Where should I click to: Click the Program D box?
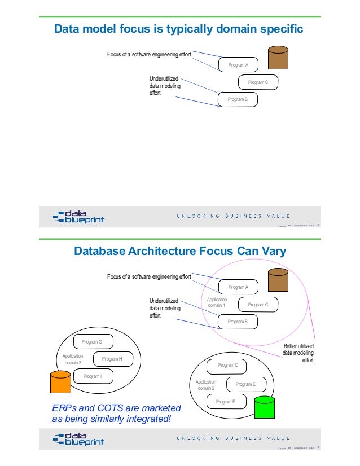click(x=228, y=366)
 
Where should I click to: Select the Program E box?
click(x=245, y=384)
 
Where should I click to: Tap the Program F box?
click(x=225, y=402)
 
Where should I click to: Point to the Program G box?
click(x=93, y=342)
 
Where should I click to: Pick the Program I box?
click(x=92, y=376)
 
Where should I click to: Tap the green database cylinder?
click(x=264, y=407)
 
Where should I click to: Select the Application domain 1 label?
click(x=217, y=302)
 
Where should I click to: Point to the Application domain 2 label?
click(x=206, y=385)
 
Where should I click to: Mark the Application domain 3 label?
click(x=72, y=359)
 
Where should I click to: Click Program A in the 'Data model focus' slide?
click(x=238, y=65)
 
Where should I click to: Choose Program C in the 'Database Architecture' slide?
click(x=257, y=305)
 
